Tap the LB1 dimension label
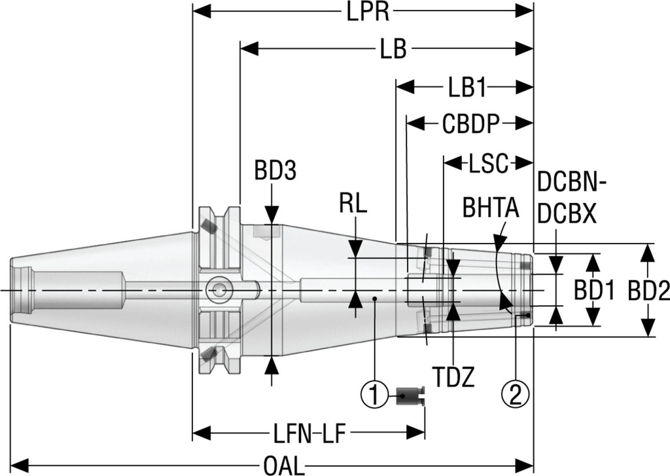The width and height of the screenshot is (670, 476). [x=467, y=87]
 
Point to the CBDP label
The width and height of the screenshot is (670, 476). [x=470, y=124]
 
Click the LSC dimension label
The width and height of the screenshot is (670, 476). [x=488, y=162]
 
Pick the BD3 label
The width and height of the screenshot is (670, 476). [x=275, y=171]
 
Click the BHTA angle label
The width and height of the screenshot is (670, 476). [x=490, y=208]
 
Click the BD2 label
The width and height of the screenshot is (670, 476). [x=649, y=290]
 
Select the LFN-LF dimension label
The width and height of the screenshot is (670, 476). [x=308, y=433]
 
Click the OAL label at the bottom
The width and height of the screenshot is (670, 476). [x=283, y=466]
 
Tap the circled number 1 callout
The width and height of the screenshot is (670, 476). [x=374, y=394]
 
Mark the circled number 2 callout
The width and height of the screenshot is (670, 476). [x=514, y=394]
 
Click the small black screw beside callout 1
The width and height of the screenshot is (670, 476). [x=410, y=394]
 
